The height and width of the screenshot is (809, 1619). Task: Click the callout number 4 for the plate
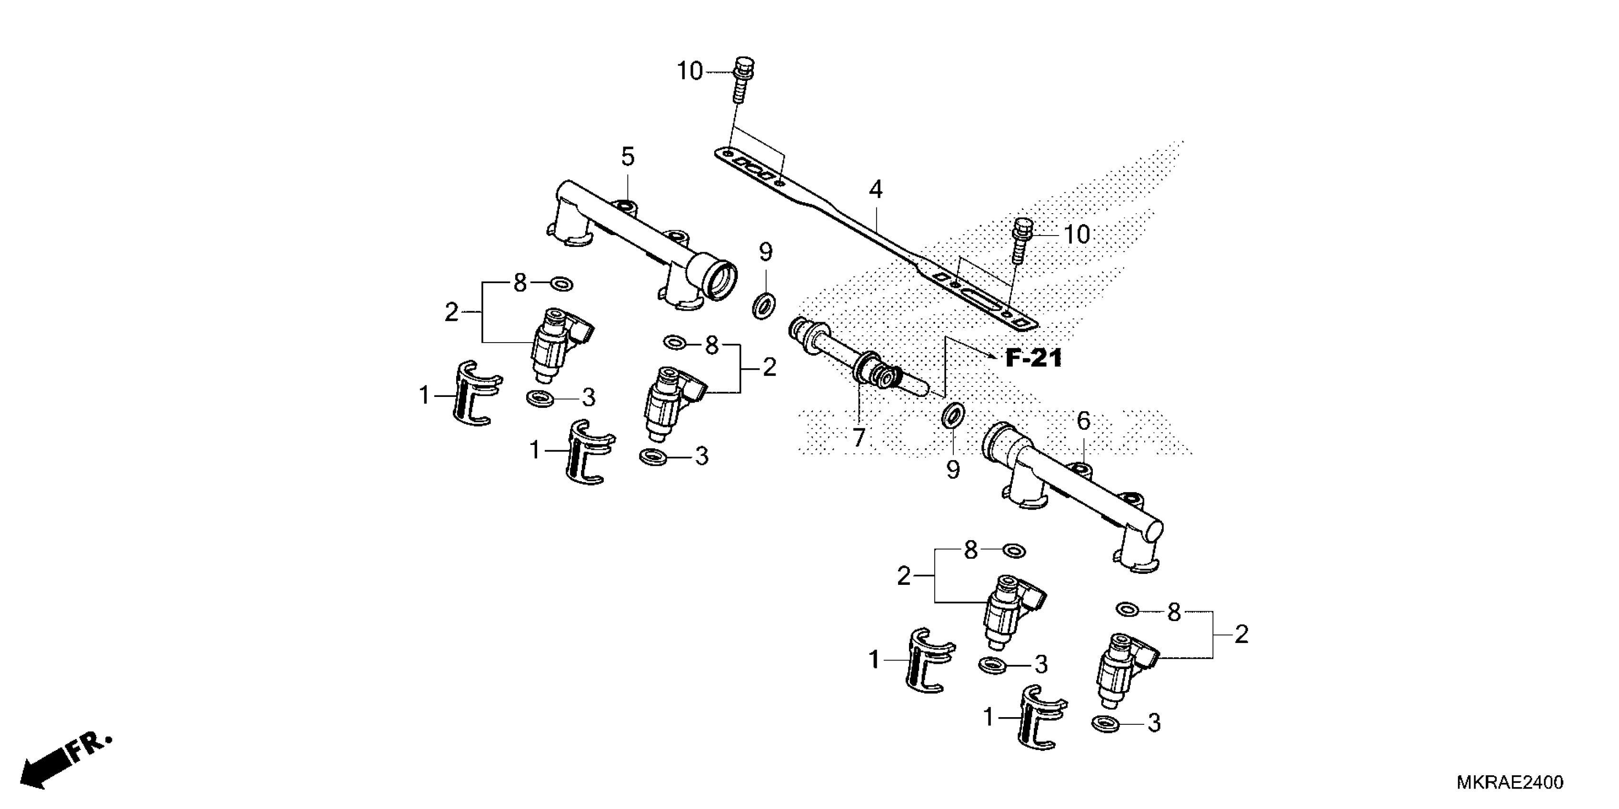(876, 189)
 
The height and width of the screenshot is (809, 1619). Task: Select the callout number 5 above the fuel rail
(628, 157)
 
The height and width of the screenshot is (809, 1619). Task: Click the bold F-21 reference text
(1033, 359)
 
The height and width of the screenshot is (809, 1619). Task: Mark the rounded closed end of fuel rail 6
(1154, 531)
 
